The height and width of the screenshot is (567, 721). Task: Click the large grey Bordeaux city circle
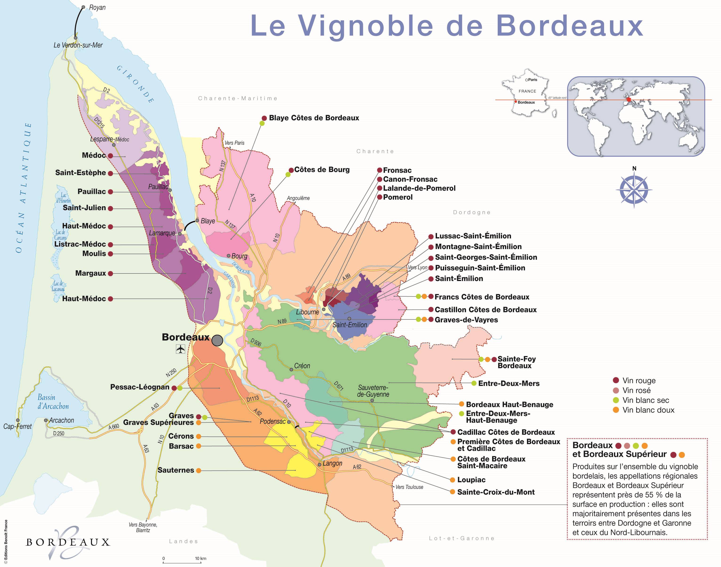[x=217, y=340]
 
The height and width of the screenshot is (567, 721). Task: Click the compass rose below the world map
[x=634, y=189]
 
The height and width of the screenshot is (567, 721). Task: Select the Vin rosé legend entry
[x=636, y=390]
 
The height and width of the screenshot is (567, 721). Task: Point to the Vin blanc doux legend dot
[x=616, y=410]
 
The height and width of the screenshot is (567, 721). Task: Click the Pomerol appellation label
[x=398, y=197]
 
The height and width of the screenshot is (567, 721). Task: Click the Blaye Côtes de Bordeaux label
[x=314, y=118]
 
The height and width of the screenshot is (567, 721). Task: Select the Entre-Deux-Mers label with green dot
[x=508, y=383]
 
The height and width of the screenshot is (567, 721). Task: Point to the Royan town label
[x=97, y=7]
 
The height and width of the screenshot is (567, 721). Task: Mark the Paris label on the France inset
[x=533, y=80]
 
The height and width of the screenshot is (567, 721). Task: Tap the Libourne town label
[x=307, y=312]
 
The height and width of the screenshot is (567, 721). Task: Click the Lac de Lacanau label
[x=58, y=286]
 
